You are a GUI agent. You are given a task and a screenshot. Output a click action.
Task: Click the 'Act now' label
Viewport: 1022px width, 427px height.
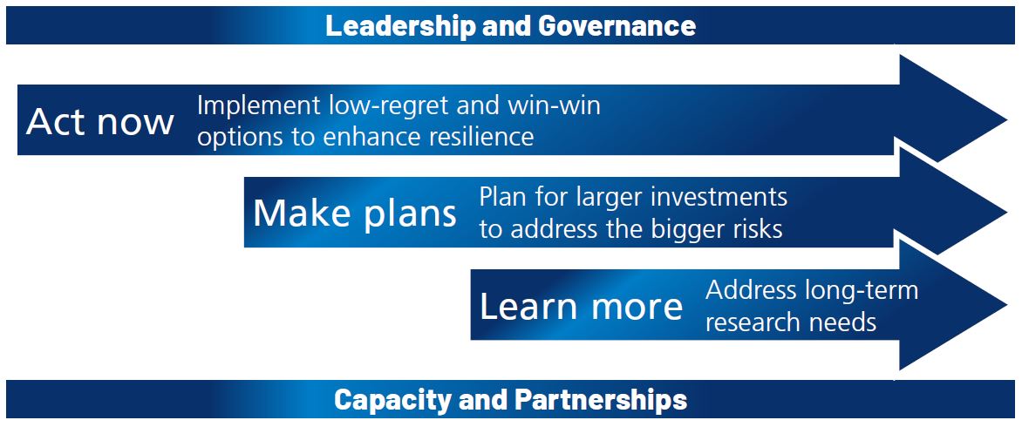pos(100,121)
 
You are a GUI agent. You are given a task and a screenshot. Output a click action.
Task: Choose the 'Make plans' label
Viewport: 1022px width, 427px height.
pos(355,213)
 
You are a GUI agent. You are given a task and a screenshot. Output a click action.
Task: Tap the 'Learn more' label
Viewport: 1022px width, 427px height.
pos(581,306)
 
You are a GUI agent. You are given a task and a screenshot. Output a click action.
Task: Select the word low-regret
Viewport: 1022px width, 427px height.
pos(397,105)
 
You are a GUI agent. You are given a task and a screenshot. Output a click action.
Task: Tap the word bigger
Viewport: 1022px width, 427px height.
pos(686,228)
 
